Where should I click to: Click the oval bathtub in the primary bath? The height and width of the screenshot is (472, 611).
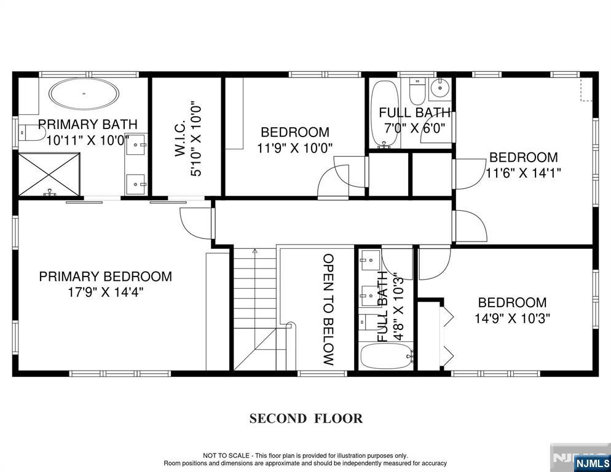coord(85,96)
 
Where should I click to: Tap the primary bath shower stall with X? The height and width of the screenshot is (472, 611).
coord(49,174)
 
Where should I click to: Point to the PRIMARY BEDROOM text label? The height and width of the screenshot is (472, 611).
coord(105,277)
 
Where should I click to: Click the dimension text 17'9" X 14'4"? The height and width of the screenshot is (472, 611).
coord(105,293)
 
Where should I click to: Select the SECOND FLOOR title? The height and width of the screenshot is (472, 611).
coord(305,419)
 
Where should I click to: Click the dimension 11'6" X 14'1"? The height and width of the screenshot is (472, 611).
coord(523,173)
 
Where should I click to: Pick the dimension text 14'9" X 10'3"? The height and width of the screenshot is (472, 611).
coord(512,318)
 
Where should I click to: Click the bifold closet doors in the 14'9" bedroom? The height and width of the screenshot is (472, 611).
coord(447,336)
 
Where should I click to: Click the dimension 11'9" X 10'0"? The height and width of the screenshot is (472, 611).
coord(294,147)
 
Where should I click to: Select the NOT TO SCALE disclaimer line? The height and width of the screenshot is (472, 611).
coord(305,455)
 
